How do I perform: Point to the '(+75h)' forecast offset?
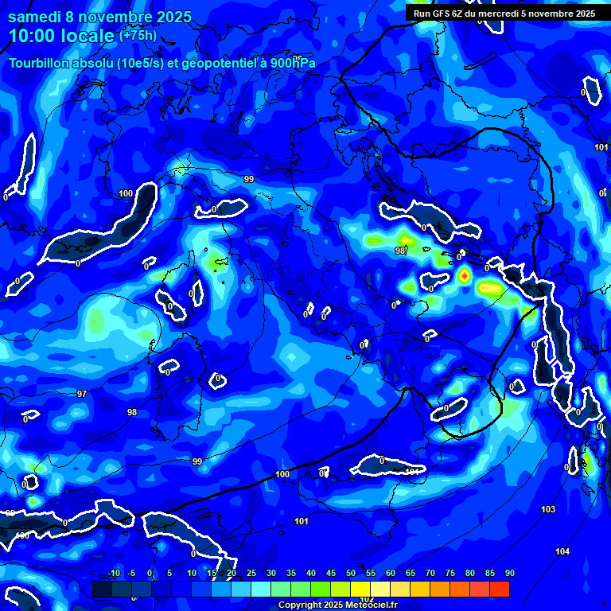coord(138,35)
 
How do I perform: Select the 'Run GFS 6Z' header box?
coord(504,13)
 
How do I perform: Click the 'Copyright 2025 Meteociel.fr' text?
coord(337,605)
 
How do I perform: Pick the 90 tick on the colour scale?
coord(509,573)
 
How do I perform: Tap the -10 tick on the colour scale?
coord(113,573)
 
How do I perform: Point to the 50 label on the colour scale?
coord(351,573)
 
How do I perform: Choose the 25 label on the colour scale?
coord(251,573)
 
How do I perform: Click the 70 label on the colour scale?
coord(430,573)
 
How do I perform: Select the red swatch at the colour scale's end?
coord(500,589)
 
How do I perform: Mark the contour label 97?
coord(82,394)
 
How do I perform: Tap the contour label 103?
coord(547,509)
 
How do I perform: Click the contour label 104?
coord(562,551)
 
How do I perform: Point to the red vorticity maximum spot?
coord(464,275)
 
